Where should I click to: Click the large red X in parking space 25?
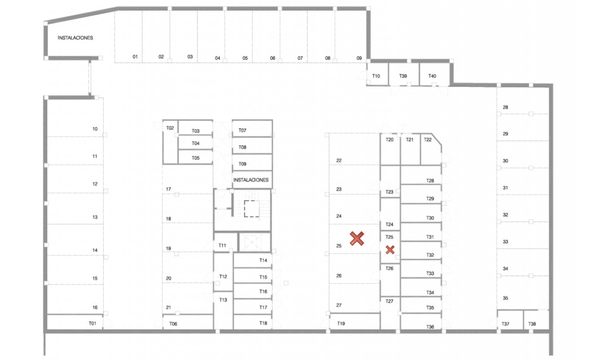(x=357, y=238)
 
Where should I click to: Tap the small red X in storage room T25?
(x=390, y=250)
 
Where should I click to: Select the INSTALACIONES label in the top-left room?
(x=75, y=38)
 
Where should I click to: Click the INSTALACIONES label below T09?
(x=251, y=180)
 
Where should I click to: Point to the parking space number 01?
(x=135, y=57)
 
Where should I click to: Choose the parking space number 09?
(x=359, y=58)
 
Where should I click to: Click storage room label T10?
(x=376, y=76)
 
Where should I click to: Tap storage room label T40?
(x=432, y=76)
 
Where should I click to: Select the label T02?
(x=170, y=128)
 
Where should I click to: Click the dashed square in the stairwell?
(x=252, y=209)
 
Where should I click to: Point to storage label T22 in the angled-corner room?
(x=428, y=139)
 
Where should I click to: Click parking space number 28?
(x=505, y=108)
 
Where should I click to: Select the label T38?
(x=532, y=324)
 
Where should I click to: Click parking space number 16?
(x=95, y=307)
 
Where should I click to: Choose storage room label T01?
(x=92, y=324)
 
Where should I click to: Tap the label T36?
(x=430, y=327)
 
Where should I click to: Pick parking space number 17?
(x=168, y=189)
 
